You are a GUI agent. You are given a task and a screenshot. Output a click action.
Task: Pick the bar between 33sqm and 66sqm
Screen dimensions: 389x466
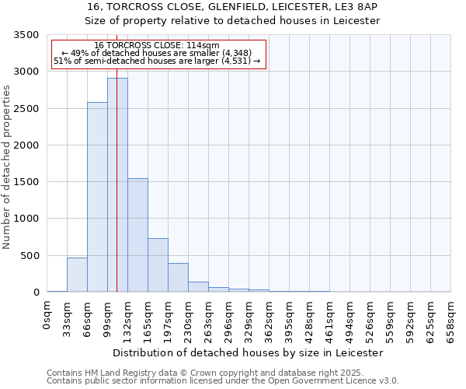click(77, 275)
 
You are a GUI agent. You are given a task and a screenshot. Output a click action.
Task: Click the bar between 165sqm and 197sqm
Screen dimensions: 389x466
click(158, 265)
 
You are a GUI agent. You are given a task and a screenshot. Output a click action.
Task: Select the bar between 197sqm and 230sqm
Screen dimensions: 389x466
click(178, 278)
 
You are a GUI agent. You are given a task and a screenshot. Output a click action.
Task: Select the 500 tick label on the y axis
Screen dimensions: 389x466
click(30, 256)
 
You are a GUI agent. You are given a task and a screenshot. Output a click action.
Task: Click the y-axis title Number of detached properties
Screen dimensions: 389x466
click(8, 168)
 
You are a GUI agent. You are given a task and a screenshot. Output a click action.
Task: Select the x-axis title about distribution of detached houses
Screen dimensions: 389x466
click(249, 352)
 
